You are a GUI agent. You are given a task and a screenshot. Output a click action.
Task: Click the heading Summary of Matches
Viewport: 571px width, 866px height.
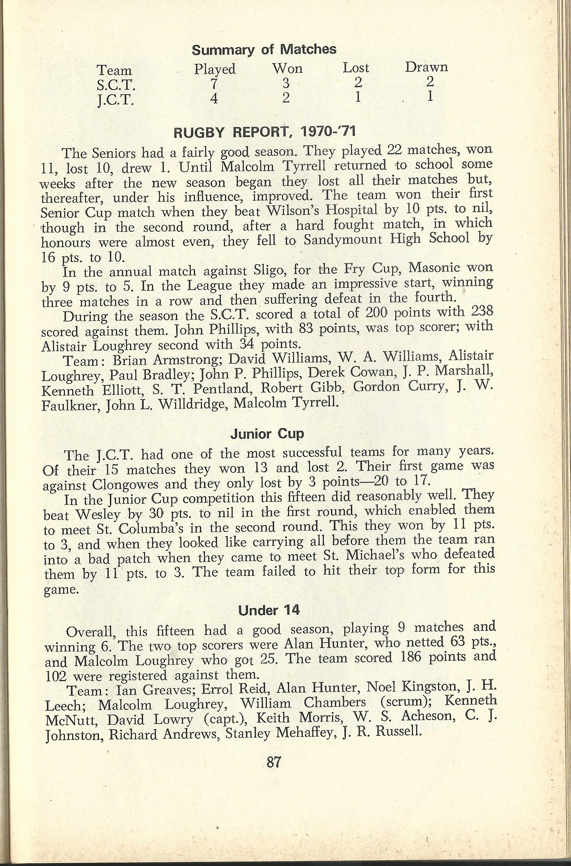coord(264,50)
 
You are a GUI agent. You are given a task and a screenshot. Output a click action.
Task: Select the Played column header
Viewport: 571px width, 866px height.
coord(215,69)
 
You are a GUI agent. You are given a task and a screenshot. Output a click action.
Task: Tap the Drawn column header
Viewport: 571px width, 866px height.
coord(427,67)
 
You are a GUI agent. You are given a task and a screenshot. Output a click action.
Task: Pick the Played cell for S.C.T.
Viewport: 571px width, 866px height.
coord(214,84)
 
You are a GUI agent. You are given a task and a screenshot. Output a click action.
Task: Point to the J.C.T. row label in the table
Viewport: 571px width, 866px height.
coord(115,100)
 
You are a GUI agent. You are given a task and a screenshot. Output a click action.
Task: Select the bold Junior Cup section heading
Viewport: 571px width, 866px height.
coord(267,434)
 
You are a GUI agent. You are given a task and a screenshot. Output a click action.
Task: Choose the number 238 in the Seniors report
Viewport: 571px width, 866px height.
coord(480,313)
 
